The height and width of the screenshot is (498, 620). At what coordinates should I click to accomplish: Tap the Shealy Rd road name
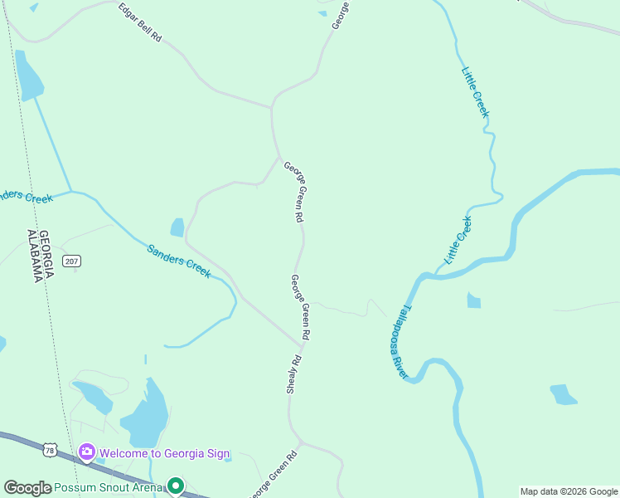coord(293,376)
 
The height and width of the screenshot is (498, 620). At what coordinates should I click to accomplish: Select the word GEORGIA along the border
coord(46,247)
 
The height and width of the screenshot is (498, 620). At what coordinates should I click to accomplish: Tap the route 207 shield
coord(72,261)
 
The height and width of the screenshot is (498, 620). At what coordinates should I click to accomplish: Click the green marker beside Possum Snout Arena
coord(175,486)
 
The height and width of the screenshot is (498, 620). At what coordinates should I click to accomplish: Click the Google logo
coord(27,488)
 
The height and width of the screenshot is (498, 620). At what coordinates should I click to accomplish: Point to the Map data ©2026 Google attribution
coord(569,491)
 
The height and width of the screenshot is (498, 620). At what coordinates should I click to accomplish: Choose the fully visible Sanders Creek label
coord(179,261)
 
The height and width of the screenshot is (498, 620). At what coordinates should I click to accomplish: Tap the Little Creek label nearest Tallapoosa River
coord(458,240)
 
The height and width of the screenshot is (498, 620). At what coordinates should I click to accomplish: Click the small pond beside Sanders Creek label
coord(177,227)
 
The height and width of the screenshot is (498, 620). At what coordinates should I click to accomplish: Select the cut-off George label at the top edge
coord(340,14)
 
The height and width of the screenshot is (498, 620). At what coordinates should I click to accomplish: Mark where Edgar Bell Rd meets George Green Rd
coord(272,107)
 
